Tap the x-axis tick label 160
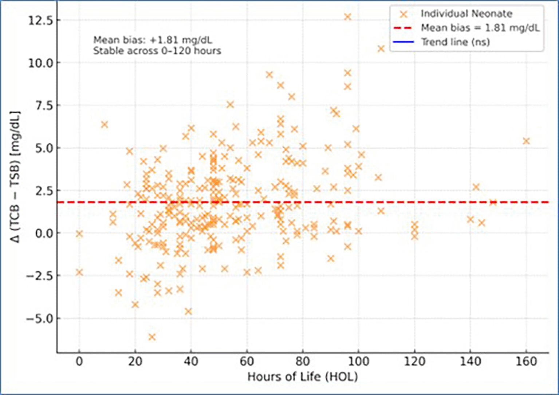pos(526,362)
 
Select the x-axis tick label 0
pos(79,362)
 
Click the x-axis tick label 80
pos(302,362)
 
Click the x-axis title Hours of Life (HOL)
pos(302,377)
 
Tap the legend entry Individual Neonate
pos(466,14)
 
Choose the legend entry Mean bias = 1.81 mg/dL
pos(480,28)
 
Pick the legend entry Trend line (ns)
pos(455,42)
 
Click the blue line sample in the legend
pos(403,42)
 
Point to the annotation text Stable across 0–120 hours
pos(157,51)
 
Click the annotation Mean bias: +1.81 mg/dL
pos(153,40)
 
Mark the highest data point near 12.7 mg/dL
pos(347,17)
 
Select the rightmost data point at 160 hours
pos(526,141)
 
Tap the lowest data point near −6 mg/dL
pos(152,337)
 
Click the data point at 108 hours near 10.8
pos(381,49)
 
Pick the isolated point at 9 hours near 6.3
pos(105,125)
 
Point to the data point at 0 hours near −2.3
pos(79,272)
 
